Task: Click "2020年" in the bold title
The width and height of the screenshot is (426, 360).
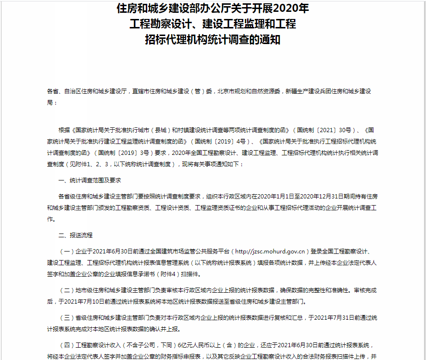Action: [x=290, y=9]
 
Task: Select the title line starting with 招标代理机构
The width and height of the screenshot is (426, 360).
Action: [x=213, y=40]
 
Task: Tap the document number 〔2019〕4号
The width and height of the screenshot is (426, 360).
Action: [x=230, y=141]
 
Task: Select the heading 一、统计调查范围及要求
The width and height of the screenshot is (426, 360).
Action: [x=89, y=181]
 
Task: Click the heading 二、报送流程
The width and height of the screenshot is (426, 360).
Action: [x=75, y=235]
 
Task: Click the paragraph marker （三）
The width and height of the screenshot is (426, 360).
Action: [x=67, y=317]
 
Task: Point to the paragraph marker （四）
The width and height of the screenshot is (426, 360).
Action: [x=67, y=345]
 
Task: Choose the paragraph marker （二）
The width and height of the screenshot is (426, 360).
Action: [x=67, y=290]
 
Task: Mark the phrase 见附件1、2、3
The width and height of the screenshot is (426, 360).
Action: [x=89, y=164]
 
